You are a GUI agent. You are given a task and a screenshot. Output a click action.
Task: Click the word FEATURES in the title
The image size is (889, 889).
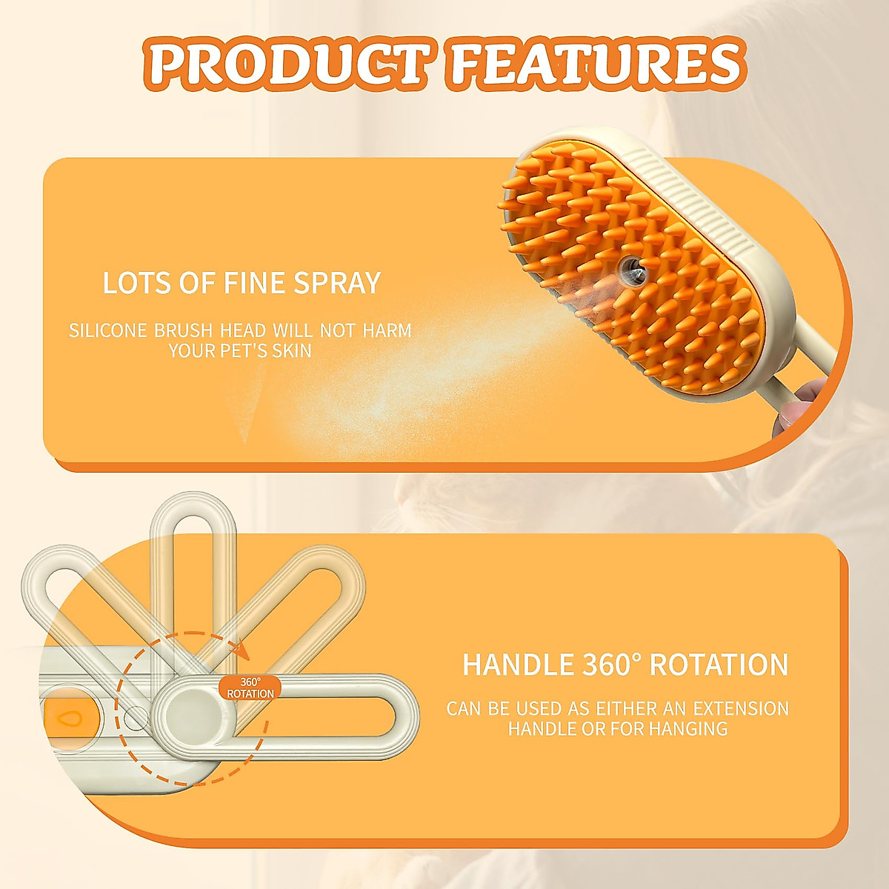coord(595,64)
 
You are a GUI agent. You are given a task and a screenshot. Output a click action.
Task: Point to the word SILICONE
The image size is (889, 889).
coord(109,330)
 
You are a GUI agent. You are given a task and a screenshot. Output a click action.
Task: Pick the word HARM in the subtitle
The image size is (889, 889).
coord(387,330)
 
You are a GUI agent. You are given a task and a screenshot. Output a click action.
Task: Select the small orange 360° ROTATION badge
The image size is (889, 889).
coord(250,687)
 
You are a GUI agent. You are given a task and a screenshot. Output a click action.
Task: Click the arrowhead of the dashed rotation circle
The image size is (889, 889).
coord(240,648)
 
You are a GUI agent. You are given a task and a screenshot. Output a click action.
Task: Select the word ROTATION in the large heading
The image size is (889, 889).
coord(719,665)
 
